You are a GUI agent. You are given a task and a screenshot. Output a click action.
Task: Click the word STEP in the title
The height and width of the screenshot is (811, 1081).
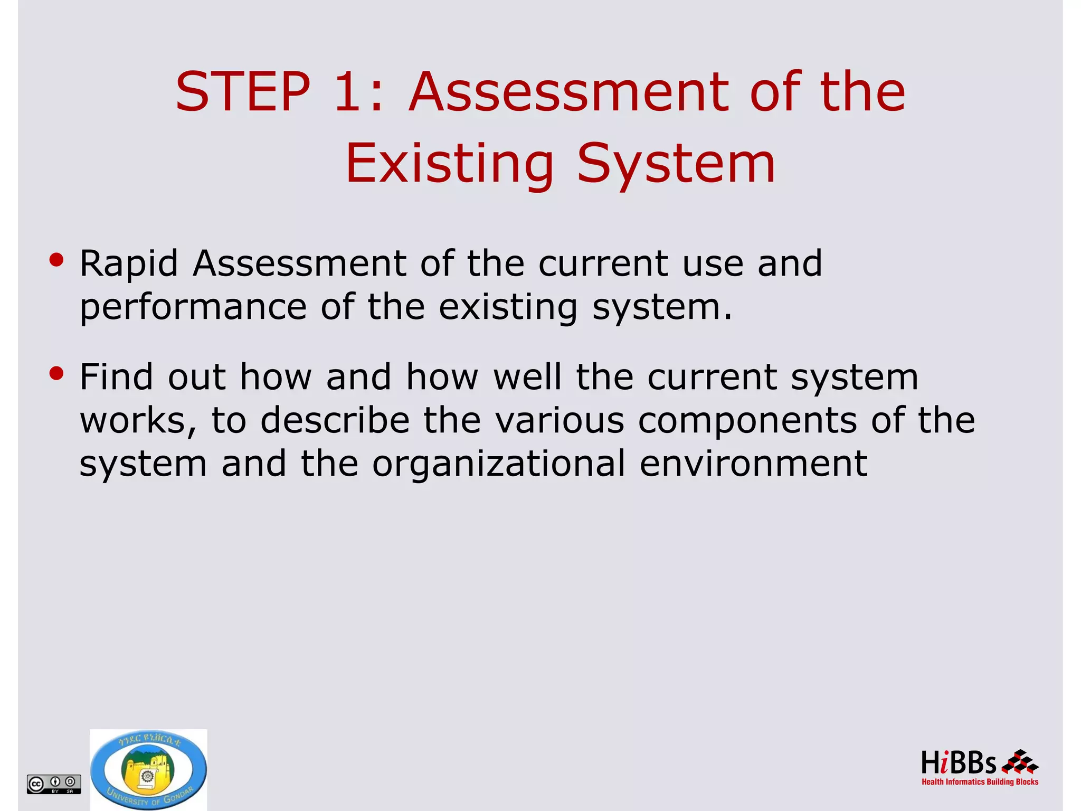pyautogui.click(x=243, y=92)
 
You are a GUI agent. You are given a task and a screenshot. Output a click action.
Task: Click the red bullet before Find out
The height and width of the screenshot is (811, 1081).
pyautogui.click(x=56, y=373)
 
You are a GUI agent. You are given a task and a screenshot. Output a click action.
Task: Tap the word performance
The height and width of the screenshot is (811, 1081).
pyautogui.click(x=193, y=308)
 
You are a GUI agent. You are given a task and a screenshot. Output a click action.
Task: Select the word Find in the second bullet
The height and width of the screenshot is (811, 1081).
pyautogui.click(x=116, y=377)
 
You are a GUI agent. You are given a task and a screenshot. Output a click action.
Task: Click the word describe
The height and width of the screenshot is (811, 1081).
pyautogui.click(x=335, y=421)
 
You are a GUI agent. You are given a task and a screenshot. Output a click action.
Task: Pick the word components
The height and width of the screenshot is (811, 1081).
pyautogui.click(x=747, y=421)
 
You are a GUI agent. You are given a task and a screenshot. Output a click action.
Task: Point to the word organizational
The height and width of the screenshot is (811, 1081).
pyautogui.click(x=499, y=464)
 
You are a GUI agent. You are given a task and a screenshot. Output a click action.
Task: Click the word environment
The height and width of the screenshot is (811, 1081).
pyautogui.click(x=753, y=464)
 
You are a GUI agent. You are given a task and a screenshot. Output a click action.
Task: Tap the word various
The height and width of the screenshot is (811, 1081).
pyautogui.click(x=560, y=421)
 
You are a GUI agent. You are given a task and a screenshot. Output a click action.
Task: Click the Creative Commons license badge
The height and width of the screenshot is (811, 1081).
pyautogui.click(x=54, y=784)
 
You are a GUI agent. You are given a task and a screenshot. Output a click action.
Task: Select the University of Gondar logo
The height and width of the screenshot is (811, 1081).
pyautogui.click(x=148, y=769)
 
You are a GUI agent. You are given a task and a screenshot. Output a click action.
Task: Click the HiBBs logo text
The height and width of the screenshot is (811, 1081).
pyautogui.click(x=958, y=763)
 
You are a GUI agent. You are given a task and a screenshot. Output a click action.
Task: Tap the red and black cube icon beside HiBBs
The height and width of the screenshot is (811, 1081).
pyautogui.click(x=1020, y=762)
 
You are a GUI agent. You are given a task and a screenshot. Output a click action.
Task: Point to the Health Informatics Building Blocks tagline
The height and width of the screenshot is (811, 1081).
pyautogui.click(x=980, y=782)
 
